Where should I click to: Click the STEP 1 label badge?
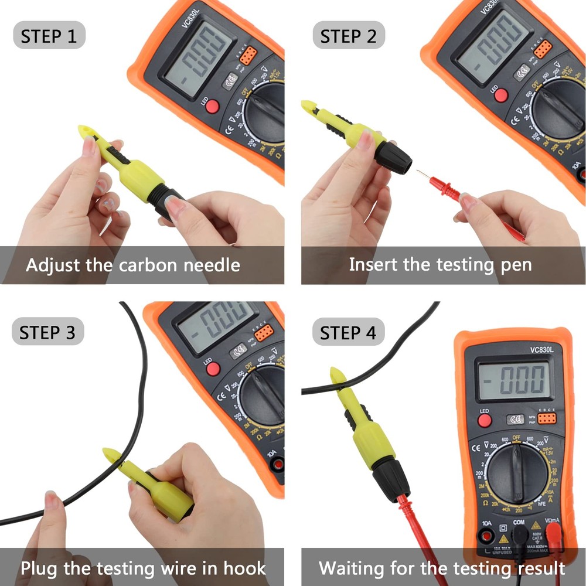click(49, 36)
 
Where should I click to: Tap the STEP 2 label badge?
click(349, 36)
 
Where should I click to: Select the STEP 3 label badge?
click(47, 332)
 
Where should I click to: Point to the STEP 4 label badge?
click(349, 333)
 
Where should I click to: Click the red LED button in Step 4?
click(484, 421)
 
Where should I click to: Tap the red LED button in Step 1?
click(212, 106)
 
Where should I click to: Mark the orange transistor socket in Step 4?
click(546, 418)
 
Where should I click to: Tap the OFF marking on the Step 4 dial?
click(516, 437)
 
